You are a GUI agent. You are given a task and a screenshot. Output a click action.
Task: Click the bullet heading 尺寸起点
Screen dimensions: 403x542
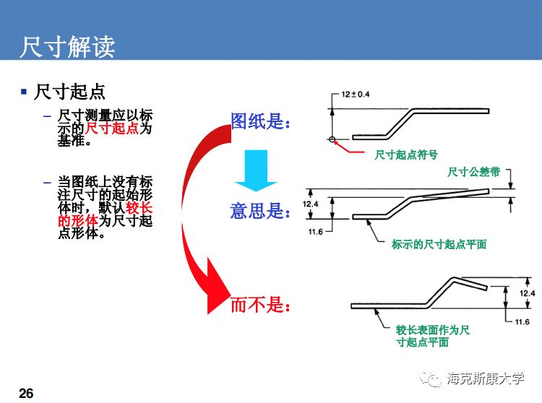point(71,92)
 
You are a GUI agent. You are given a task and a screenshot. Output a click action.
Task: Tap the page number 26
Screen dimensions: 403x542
point(27,393)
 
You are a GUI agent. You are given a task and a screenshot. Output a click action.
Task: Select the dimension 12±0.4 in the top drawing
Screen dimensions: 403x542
point(355,95)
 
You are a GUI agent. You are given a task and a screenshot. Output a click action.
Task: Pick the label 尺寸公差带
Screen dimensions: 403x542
point(473,172)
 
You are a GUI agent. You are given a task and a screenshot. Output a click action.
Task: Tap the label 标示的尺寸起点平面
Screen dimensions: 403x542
point(439,244)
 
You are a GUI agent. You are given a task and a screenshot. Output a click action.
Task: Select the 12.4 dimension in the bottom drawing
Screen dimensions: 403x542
point(527,293)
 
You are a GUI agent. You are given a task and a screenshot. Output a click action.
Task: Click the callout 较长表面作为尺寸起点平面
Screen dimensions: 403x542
point(432,336)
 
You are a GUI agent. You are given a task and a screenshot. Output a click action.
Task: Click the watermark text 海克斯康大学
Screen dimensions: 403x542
point(486,378)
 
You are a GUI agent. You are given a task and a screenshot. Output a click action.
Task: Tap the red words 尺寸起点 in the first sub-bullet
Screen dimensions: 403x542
point(112,129)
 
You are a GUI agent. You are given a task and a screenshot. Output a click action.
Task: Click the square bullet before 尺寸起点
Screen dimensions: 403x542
point(24,92)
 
